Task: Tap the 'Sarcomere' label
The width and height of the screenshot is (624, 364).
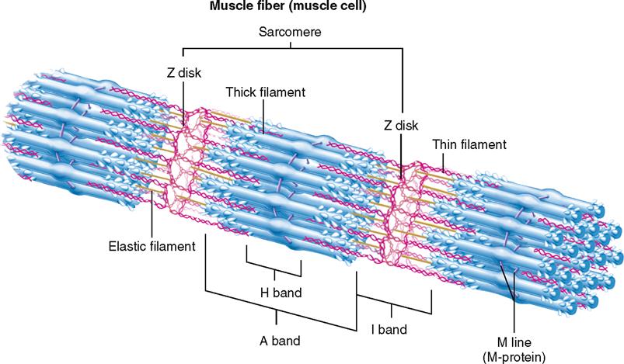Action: click(290, 34)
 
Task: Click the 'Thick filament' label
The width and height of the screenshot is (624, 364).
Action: click(265, 93)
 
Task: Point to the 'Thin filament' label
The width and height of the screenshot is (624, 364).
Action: click(469, 144)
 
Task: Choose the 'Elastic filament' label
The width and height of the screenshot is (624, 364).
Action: click(151, 247)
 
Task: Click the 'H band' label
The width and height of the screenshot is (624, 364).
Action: click(280, 293)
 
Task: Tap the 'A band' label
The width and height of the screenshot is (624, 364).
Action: click(280, 340)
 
